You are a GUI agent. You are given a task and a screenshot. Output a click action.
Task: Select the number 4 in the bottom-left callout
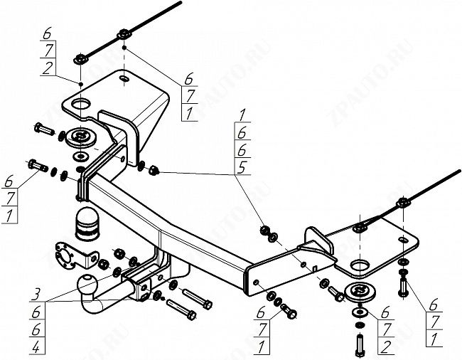pos(35,348)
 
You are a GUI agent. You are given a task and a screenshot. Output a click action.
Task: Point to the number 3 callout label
pos(35,292)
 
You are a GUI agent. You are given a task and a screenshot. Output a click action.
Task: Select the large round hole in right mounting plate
pos(360,267)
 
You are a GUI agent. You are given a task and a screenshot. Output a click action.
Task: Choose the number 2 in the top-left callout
pos(46,68)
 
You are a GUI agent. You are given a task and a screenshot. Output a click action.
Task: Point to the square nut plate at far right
pos(403,204)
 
